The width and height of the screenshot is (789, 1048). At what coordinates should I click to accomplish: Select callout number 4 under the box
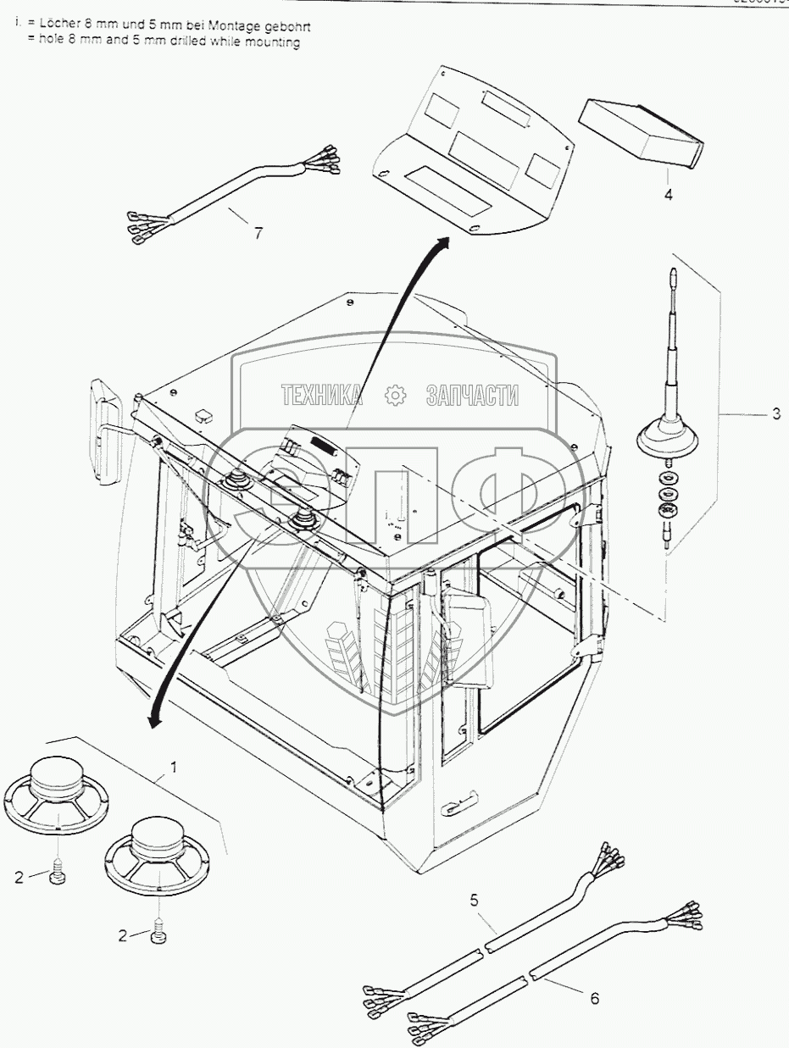[x=668, y=195]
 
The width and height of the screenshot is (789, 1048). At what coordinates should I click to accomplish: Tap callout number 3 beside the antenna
[x=775, y=415]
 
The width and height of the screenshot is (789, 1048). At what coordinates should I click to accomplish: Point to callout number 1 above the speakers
[x=174, y=768]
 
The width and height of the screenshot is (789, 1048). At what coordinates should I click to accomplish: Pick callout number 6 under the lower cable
[x=594, y=999]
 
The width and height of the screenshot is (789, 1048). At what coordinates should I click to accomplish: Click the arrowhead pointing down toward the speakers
[x=153, y=719]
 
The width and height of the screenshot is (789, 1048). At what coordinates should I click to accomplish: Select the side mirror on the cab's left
[x=106, y=432]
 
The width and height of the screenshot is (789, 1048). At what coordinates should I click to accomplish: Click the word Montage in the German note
[x=225, y=26]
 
